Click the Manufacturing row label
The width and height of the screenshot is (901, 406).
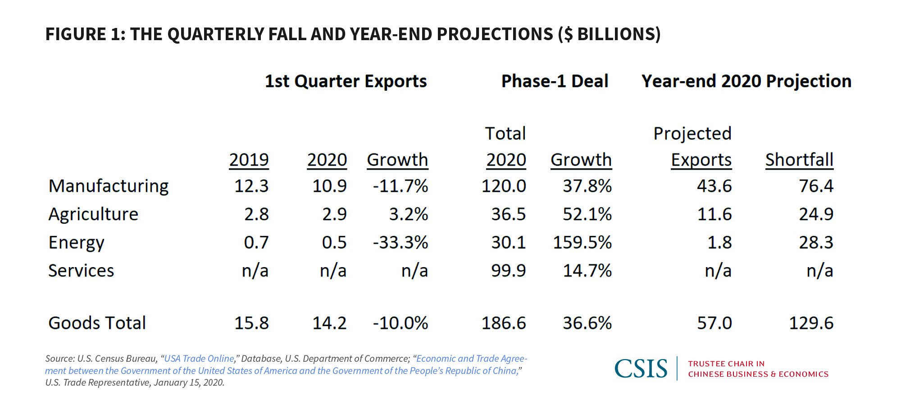coord(108,186)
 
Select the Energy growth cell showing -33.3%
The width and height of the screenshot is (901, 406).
coord(400,243)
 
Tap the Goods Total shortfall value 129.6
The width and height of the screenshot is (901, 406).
coord(811,323)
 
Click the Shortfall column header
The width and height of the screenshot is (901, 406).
coord(799,160)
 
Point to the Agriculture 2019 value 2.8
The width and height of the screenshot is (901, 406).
coord(256,214)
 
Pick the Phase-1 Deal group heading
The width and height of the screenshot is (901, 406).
coord(555,81)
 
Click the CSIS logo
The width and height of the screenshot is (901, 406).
coord(641,369)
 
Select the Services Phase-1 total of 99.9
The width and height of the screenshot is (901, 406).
coord(508,271)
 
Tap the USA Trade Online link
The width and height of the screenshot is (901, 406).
coord(199,359)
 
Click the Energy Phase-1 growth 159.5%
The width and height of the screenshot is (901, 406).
coord(582,243)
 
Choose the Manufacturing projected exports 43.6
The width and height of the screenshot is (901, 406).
coord(714,186)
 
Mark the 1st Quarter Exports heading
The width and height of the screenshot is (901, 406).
coord(346,81)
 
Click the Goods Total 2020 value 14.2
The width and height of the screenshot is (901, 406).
coord(329,323)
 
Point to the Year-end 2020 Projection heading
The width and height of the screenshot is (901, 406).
coord(746,81)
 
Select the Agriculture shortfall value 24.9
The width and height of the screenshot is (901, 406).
coord(816,214)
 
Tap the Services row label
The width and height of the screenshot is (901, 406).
coord(81,271)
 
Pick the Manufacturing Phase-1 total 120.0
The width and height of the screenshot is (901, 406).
coord(504,186)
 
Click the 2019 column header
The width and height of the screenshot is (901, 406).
coord(249,160)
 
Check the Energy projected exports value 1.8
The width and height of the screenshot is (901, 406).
coord(719,243)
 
